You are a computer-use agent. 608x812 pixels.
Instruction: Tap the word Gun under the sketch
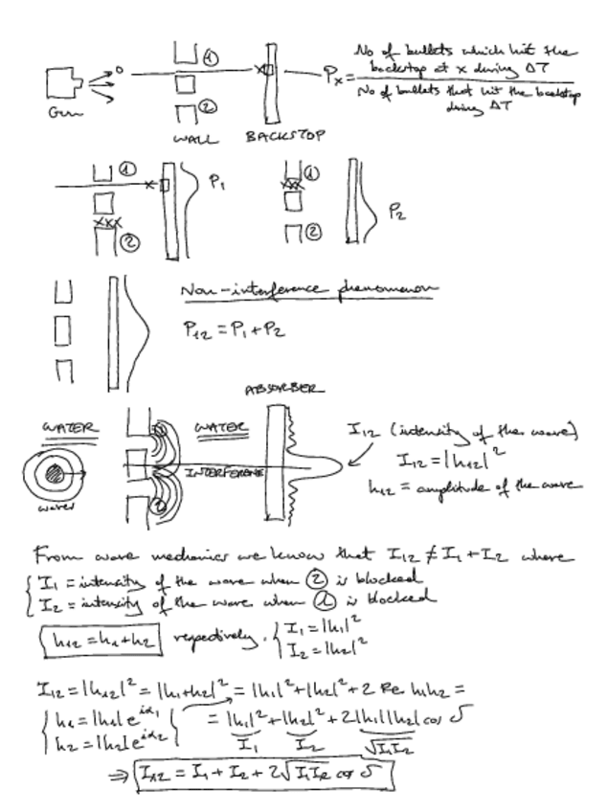point(59,112)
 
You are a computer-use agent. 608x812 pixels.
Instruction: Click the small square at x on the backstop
point(269,71)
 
